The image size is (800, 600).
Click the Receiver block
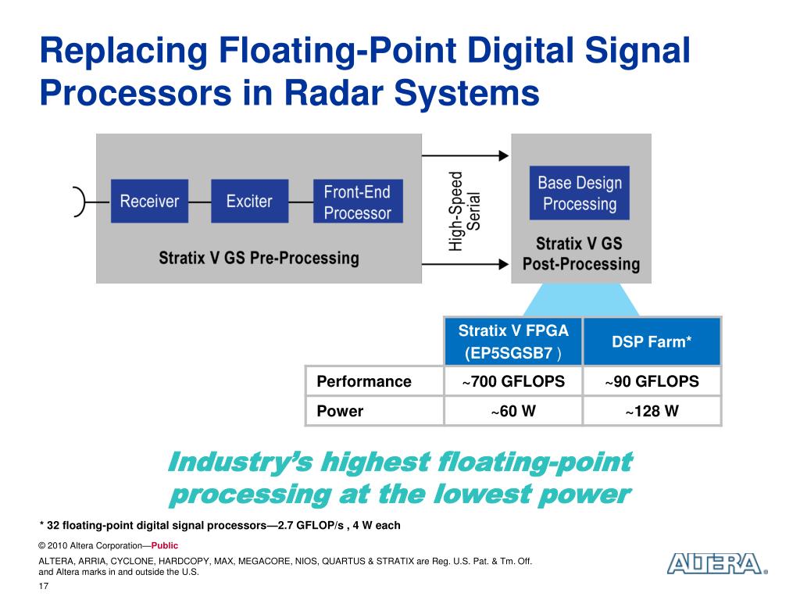(x=149, y=202)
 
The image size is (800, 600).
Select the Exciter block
(x=249, y=202)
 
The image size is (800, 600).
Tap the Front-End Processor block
(x=357, y=202)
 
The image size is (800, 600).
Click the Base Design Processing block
(x=579, y=193)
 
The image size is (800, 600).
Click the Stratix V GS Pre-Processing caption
(x=259, y=258)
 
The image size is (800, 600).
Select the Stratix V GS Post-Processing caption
(x=580, y=254)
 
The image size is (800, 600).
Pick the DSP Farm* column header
(x=652, y=341)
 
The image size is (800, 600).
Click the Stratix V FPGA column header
(x=513, y=341)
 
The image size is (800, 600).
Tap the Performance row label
(x=364, y=382)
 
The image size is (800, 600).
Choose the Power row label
(x=340, y=411)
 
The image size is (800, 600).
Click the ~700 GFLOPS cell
(x=513, y=382)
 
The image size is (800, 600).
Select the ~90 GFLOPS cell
(x=652, y=382)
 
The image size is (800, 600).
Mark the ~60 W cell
(x=513, y=411)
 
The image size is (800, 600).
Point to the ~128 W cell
(x=652, y=411)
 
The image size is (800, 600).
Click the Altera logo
(x=714, y=564)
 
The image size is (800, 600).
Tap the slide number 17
(x=44, y=587)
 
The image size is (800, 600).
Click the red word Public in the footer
(x=165, y=546)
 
